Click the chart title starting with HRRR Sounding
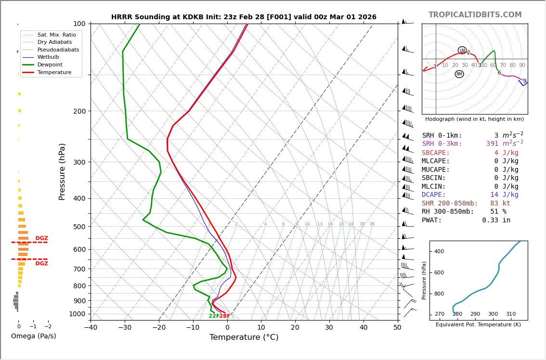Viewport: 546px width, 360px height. (244, 17)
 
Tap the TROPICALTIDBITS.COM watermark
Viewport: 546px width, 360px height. (475, 15)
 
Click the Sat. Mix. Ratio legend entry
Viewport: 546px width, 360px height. (56, 35)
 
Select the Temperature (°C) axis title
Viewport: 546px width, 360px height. (244, 337)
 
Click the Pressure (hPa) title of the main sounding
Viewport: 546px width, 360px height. (62, 171)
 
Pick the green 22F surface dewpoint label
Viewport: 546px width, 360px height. (214, 316)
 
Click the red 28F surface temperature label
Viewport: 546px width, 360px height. (225, 316)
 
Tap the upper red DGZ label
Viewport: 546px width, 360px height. (41, 238)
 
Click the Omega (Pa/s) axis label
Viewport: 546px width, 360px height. (33, 336)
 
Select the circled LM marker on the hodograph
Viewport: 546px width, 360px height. (462, 51)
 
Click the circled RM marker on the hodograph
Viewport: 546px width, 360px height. (459, 74)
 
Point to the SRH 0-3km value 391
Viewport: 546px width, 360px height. (492, 144)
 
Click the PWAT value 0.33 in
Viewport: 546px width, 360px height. (496, 220)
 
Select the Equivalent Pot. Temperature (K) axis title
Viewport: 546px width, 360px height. (478, 324)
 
